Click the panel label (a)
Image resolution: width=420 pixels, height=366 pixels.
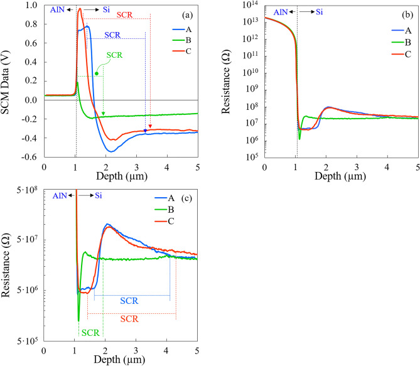(x=185, y=13)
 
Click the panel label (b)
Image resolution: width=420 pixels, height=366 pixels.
(x=406, y=13)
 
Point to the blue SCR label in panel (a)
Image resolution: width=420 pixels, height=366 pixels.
(x=113, y=35)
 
